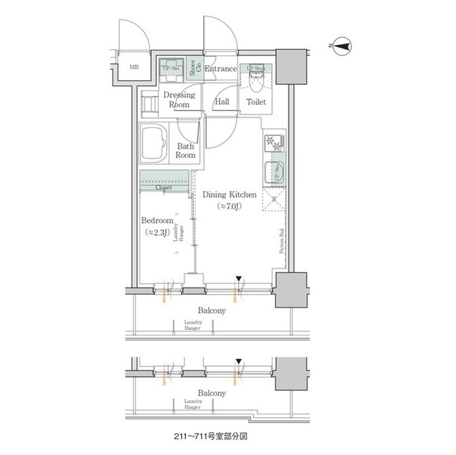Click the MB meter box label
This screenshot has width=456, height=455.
coord(134,68)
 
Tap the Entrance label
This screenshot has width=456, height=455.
coord(221,69)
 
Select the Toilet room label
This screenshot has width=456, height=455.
coord(256,103)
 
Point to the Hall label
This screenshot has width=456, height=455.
coord(222,103)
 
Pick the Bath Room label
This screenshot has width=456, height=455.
coord(186,150)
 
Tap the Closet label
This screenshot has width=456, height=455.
coord(165,187)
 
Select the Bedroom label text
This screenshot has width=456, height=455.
coord(157,221)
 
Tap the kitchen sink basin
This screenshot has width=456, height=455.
coord(273,172)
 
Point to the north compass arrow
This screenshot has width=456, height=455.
coord(342,47)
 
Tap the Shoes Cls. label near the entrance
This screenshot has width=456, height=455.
coord(194,68)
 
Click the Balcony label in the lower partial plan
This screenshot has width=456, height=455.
coord(212,392)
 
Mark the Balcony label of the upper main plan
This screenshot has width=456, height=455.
coord(212,310)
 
